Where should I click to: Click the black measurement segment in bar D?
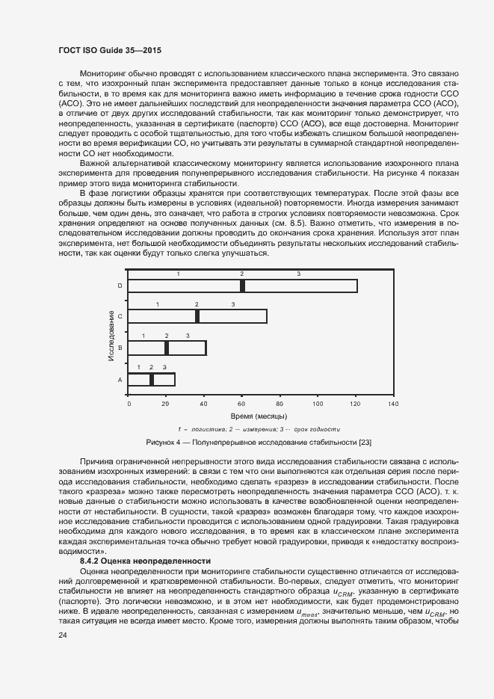click(x=242, y=286)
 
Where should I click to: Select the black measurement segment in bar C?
click(x=197, y=316)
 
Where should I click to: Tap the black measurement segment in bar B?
click(x=167, y=348)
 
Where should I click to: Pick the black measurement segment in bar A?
click(x=152, y=379)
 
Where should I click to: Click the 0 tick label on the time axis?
click(x=129, y=404)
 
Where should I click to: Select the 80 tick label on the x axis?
click(x=280, y=404)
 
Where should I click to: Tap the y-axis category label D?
click(x=120, y=286)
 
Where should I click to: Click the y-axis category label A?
click(x=120, y=380)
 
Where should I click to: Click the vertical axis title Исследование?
click(x=111, y=333)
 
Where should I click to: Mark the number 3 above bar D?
click(x=298, y=274)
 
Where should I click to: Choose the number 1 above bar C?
click(x=157, y=304)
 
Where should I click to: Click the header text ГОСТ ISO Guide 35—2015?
click(x=110, y=50)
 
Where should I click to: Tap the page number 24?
click(x=62, y=635)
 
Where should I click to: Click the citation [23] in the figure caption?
click(x=365, y=443)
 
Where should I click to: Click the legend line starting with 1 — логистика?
click(x=259, y=429)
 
